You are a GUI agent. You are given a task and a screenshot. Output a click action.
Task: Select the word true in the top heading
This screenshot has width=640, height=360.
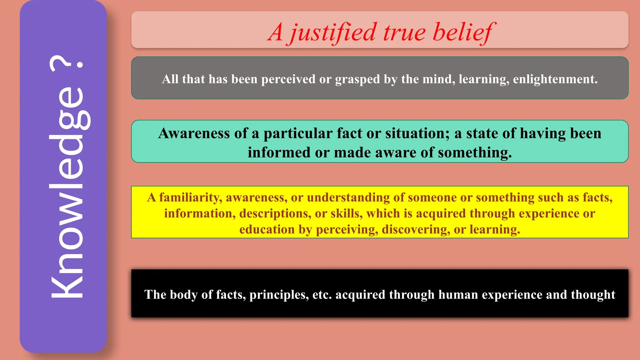(x=404, y=32)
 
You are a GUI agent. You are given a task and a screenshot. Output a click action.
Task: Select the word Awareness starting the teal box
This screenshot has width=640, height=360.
(x=194, y=133)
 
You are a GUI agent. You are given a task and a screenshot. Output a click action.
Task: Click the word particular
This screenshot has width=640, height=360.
(x=297, y=133)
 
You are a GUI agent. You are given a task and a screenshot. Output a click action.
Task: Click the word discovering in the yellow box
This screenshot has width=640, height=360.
(x=416, y=229)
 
